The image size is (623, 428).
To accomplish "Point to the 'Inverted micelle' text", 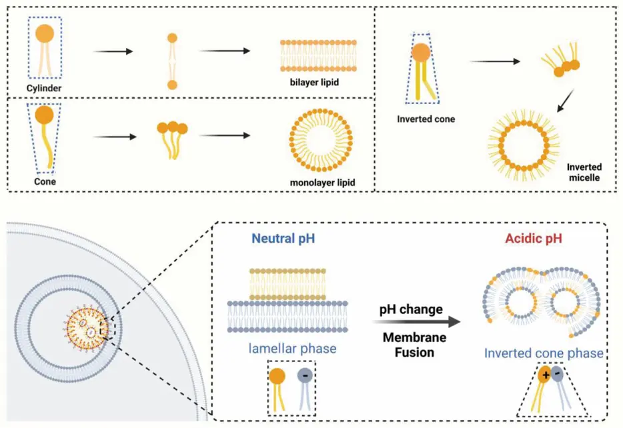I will click(x=584, y=172).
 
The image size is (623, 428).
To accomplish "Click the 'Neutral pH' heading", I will click(x=280, y=237).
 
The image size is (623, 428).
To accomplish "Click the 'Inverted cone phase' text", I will click(x=544, y=353).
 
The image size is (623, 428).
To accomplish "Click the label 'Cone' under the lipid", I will click(x=45, y=180).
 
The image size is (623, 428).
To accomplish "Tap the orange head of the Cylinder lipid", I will click(x=45, y=34).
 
